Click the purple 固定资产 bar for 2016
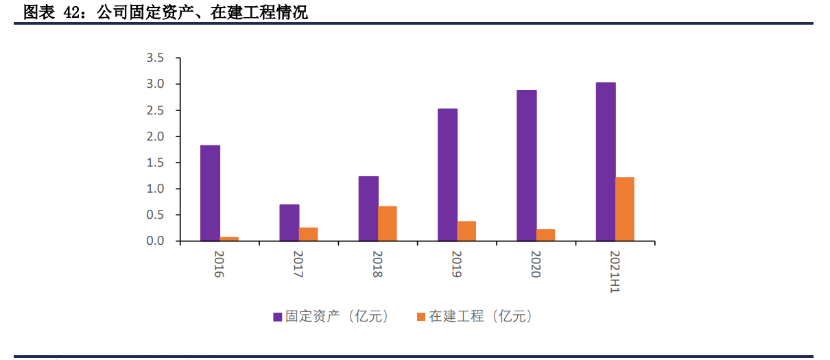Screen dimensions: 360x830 click(210, 193)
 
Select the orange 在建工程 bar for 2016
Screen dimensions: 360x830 click(229, 239)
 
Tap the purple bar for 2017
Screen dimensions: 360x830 click(289, 222)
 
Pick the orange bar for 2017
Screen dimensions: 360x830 click(308, 234)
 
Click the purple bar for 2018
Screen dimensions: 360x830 click(368, 208)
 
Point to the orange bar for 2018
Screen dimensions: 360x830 click(388, 224)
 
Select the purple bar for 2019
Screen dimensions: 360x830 click(447, 175)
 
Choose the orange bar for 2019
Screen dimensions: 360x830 click(466, 231)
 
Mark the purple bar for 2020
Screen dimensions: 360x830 click(527, 165)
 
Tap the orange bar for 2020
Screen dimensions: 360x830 click(546, 235)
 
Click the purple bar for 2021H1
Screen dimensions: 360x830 click(606, 162)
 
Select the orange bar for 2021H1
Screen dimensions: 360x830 click(625, 209)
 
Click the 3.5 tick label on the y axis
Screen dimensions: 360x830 click(154, 58)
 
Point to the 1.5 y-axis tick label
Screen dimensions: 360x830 click(154, 163)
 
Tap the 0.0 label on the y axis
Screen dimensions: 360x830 click(154, 241)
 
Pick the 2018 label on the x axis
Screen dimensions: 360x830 click(378, 265)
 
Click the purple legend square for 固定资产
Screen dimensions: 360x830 click(278, 317)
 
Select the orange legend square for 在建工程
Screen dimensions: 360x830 click(421, 317)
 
